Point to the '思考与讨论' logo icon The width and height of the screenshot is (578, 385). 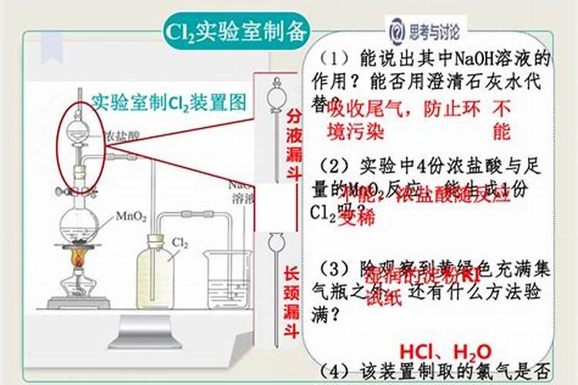[x=395, y=32]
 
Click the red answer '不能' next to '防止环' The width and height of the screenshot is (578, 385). [x=502, y=119]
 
